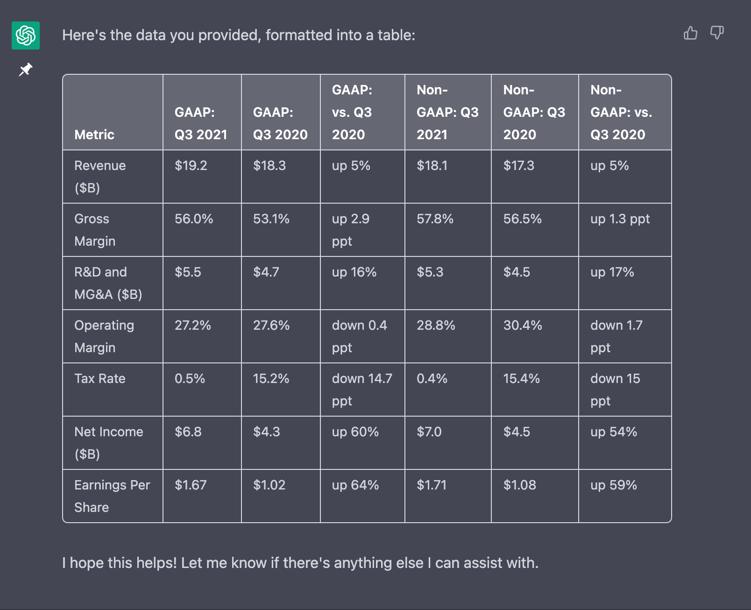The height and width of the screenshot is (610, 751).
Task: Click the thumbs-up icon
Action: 690,33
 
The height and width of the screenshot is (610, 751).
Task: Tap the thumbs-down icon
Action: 717,33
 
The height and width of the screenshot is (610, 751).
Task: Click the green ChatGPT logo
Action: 26,35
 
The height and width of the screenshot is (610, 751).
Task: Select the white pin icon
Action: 25,70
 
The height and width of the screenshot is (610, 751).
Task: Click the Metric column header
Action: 94,135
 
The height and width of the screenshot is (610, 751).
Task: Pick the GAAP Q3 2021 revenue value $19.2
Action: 191,166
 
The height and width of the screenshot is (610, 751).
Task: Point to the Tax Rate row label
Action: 100,378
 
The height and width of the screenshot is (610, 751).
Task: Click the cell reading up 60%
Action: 355,432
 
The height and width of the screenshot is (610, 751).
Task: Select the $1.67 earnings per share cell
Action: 191,485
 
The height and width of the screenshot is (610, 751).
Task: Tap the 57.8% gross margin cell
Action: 435,219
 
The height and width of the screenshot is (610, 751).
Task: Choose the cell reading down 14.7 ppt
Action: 361,389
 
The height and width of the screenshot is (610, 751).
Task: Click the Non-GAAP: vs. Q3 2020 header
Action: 621,112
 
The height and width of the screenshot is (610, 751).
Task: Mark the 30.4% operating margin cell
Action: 523,325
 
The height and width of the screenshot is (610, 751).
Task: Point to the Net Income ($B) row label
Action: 108,442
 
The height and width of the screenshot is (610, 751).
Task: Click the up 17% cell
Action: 612,272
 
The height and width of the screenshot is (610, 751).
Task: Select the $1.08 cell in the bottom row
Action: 519,485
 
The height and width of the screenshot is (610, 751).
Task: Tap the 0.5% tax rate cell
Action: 190,378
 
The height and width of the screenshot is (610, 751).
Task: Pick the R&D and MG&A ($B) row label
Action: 108,283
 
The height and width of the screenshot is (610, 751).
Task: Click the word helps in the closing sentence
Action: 156,563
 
